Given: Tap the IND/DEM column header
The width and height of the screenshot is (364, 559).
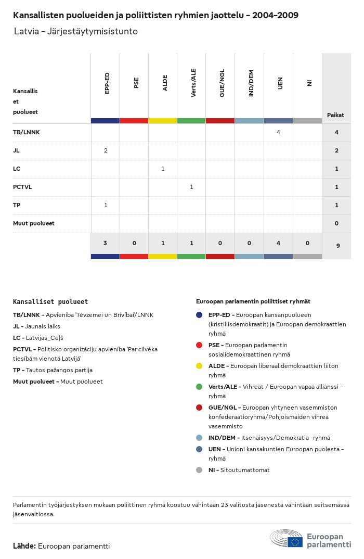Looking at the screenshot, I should point(251,84).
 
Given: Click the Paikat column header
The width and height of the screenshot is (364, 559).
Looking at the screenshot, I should point(335,115).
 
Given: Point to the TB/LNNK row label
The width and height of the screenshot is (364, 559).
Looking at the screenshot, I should point(27,132).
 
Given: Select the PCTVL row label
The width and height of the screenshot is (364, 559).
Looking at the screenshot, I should point(22,187).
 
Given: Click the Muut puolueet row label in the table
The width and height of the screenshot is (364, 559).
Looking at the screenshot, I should point(34,223).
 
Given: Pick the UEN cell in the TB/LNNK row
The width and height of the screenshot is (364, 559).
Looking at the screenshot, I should point(278,132).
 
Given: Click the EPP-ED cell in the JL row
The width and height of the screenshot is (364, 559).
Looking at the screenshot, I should point(106,150).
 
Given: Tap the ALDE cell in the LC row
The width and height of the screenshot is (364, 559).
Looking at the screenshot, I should point(163,169).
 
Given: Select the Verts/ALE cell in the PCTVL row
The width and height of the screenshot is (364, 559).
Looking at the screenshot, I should point(191,187).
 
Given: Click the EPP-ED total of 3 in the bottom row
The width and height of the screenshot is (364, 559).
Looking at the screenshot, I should point(105,243).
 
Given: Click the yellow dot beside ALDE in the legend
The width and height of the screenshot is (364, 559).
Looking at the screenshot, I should point(199,366).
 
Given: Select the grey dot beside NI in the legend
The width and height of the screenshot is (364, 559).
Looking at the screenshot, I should point(199,470).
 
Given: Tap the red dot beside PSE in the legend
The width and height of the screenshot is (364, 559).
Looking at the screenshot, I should point(199,345).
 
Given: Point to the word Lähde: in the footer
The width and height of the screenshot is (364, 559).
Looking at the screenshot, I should point(24,546).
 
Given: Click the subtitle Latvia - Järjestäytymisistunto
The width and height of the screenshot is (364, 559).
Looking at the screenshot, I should point(76,32).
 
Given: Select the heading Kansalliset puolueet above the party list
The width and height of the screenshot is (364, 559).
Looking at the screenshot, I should point(50,301).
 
